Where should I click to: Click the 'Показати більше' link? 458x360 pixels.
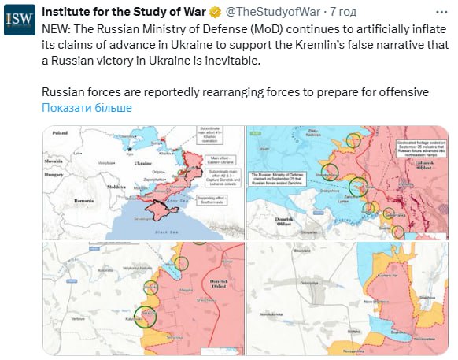pyautogui.click(x=87, y=108)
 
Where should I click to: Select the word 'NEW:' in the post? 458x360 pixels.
pyautogui.click(x=56, y=28)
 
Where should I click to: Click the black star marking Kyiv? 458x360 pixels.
pyautogui.click(x=129, y=149)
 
